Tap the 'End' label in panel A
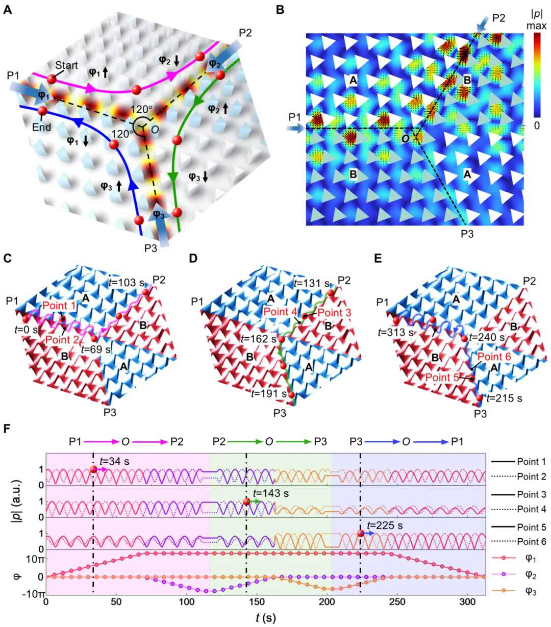42,127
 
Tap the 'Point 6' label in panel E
494,358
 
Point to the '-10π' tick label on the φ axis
31,593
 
